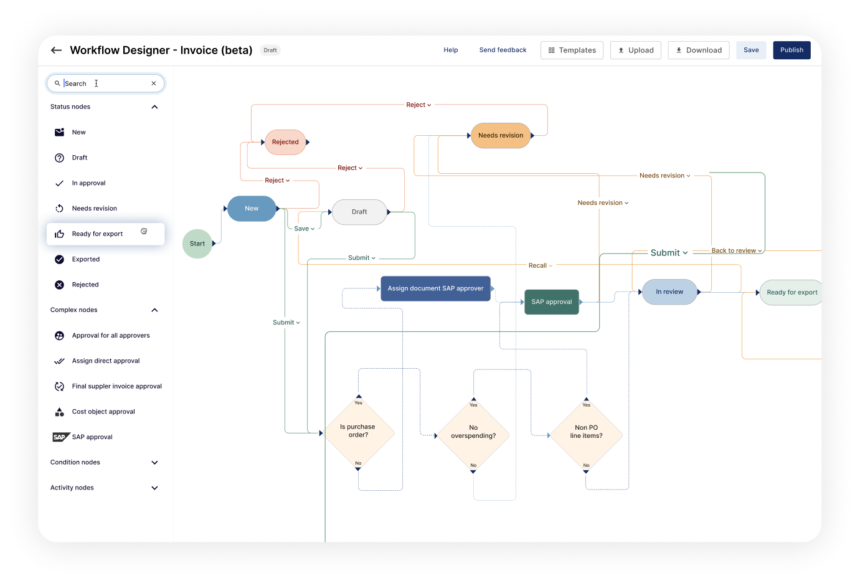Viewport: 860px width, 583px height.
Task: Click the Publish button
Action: click(x=791, y=50)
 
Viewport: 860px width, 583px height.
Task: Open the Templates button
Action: click(x=572, y=50)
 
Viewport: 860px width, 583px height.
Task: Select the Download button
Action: click(x=698, y=50)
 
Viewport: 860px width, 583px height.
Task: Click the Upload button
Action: click(x=635, y=50)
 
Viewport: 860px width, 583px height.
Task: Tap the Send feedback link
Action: click(x=503, y=50)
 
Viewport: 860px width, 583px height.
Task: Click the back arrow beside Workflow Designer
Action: click(x=57, y=50)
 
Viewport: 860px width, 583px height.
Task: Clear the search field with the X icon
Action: click(x=154, y=83)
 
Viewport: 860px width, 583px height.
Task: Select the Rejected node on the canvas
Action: click(x=285, y=142)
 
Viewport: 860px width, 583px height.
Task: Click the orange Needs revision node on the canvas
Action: click(x=501, y=136)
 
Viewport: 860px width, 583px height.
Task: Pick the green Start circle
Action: click(x=197, y=244)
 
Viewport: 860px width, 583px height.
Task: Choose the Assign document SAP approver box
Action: click(x=435, y=288)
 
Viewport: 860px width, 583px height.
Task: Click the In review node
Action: click(x=669, y=292)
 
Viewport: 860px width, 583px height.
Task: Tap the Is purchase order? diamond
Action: click(x=358, y=432)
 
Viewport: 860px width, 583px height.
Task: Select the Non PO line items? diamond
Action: click(x=586, y=432)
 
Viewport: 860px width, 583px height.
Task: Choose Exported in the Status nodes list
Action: click(x=86, y=260)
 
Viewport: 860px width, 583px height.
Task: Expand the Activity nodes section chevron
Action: click(x=155, y=488)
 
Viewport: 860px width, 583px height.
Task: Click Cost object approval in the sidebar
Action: click(x=103, y=412)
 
